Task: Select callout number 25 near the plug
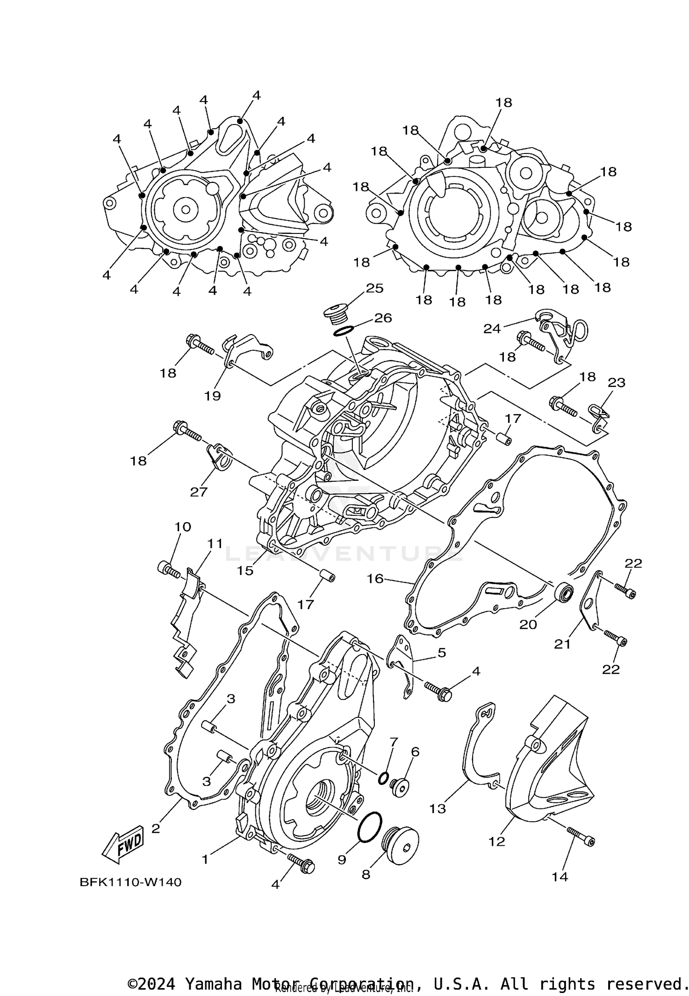pyautogui.click(x=374, y=288)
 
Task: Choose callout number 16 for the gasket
pyautogui.click(x=375, y=578)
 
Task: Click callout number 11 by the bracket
pyautogui.click(x=215, y=544)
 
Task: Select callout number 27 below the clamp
pyautogui.click(x=199, y=492)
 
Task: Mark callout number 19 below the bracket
pyautogui.click(x=213, y=395)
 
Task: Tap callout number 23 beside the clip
pyautogui.click(x=616, y=382)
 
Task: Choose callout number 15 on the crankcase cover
pyautogui.click(x=245, y=570)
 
